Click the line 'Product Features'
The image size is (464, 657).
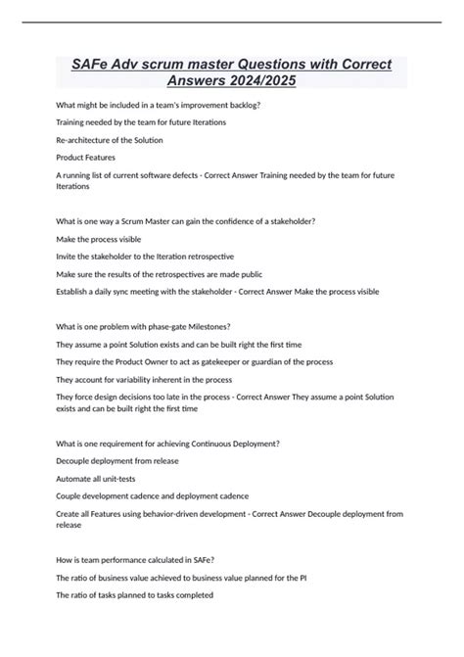pyautogui.click(x=85, y=157)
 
